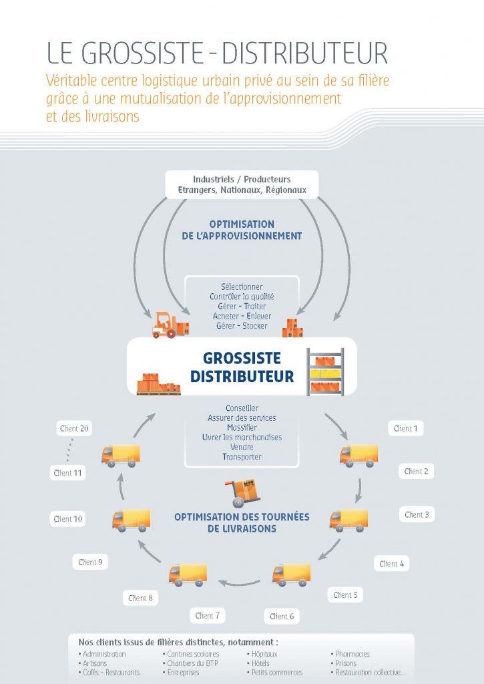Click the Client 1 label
click(x=405, y=428)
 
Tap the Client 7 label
click(x=208, y=615)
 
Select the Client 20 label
click(x=74, y=428)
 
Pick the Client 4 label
click(x=392, y=564)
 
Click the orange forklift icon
click(x=170, y=325)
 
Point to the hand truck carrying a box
click(x=242, y=493)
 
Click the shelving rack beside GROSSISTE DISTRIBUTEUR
click(x=325, y=371)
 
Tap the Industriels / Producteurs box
click(x=242, y=184)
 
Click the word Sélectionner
click(x=242, y=287)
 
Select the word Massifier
click(x=242, y=427)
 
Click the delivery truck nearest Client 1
click(x=359, y=456)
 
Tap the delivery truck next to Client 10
click(x=131, y=520)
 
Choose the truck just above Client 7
click(x=188, y=574)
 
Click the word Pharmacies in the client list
click(x=352, y=654)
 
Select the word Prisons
click(x=346, y=663)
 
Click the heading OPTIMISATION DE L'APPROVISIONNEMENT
click(x=242, y=230)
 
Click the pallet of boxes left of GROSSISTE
click(x=158, y=384)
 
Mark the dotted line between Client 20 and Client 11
click(x=69, y=450)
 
